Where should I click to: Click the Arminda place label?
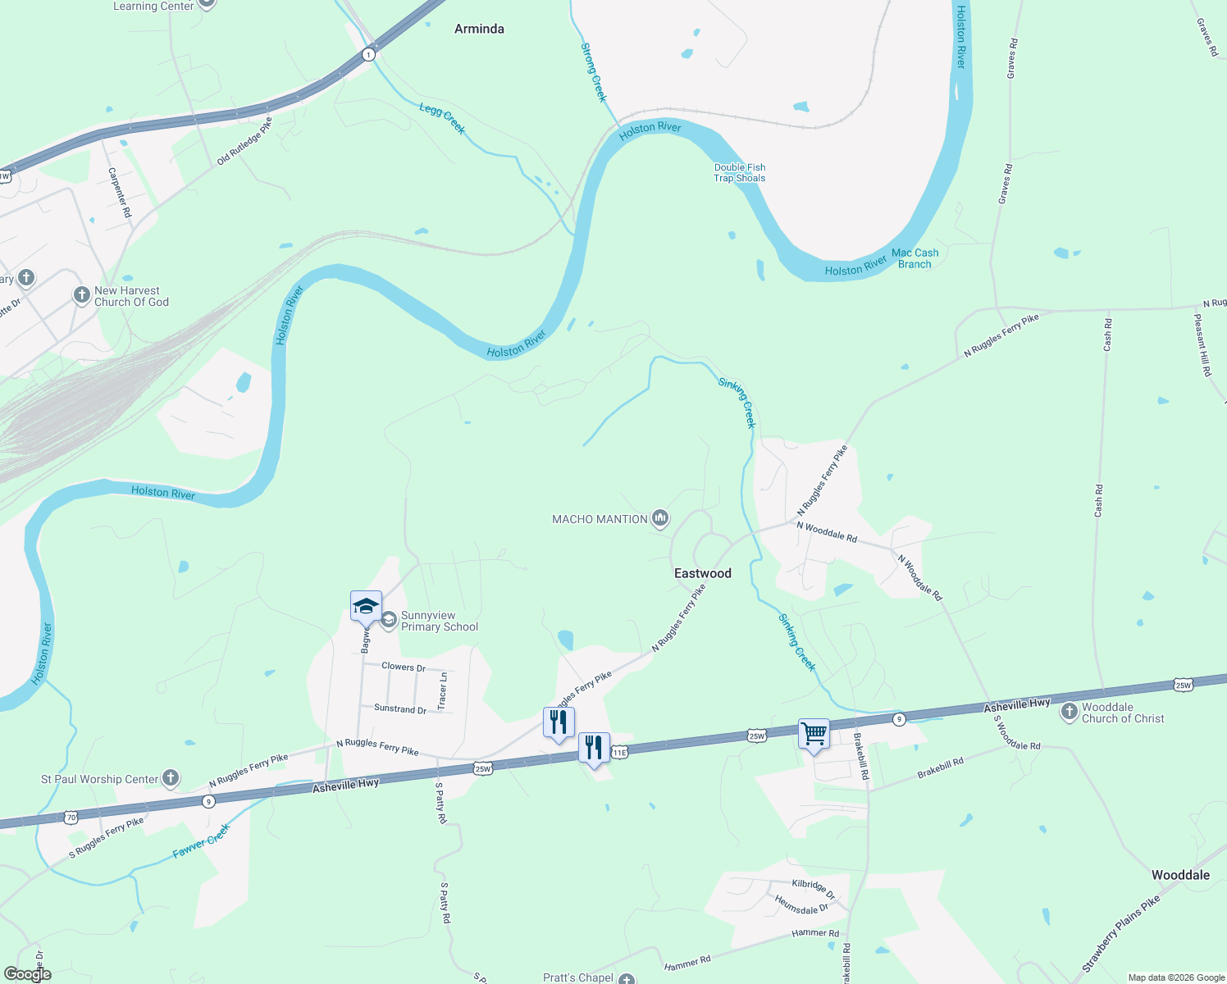pyautogui.click(x=479, y=29)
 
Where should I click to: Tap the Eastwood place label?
pyautogui.click(x=702, y=573)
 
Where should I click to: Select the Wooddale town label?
pyautogui.click(x=1180, y=875)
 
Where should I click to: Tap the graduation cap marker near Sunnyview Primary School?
pyautogui.click(x=366, y=607)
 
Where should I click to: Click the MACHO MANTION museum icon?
pyautogui.click(x=660, y=518)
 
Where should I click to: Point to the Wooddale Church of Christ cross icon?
pyautogui.click(x=1069, y=712)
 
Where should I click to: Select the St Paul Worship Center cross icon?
pyautogui.click(x=170, y=777)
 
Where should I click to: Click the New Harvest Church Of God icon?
pyautogui.click(x=81, y=295)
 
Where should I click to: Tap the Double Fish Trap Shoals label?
pyautogui.click(x=739, y=172)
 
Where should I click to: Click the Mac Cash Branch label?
pyautogui.click(x=915, y=258)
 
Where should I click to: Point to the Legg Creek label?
pyautogui.click(x=442, y=118)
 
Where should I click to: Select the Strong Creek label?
pyautogui.click(x=594, y=72)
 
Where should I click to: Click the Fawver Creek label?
pyautogui.click(x=202, y=841)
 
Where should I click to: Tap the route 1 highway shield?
pyautogui.click(x=368, y=55)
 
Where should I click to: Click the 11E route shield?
pyautogui.click(x=619, y=752)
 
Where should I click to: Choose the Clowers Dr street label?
pyautogui.click(x=404, y=667)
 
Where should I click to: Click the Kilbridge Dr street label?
pyautogui.click(x=813, y=888)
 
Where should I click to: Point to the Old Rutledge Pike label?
pyautogui.click(x=244, y=141)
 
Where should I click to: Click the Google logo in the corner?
pyautogui.click(x=27, y=974)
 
